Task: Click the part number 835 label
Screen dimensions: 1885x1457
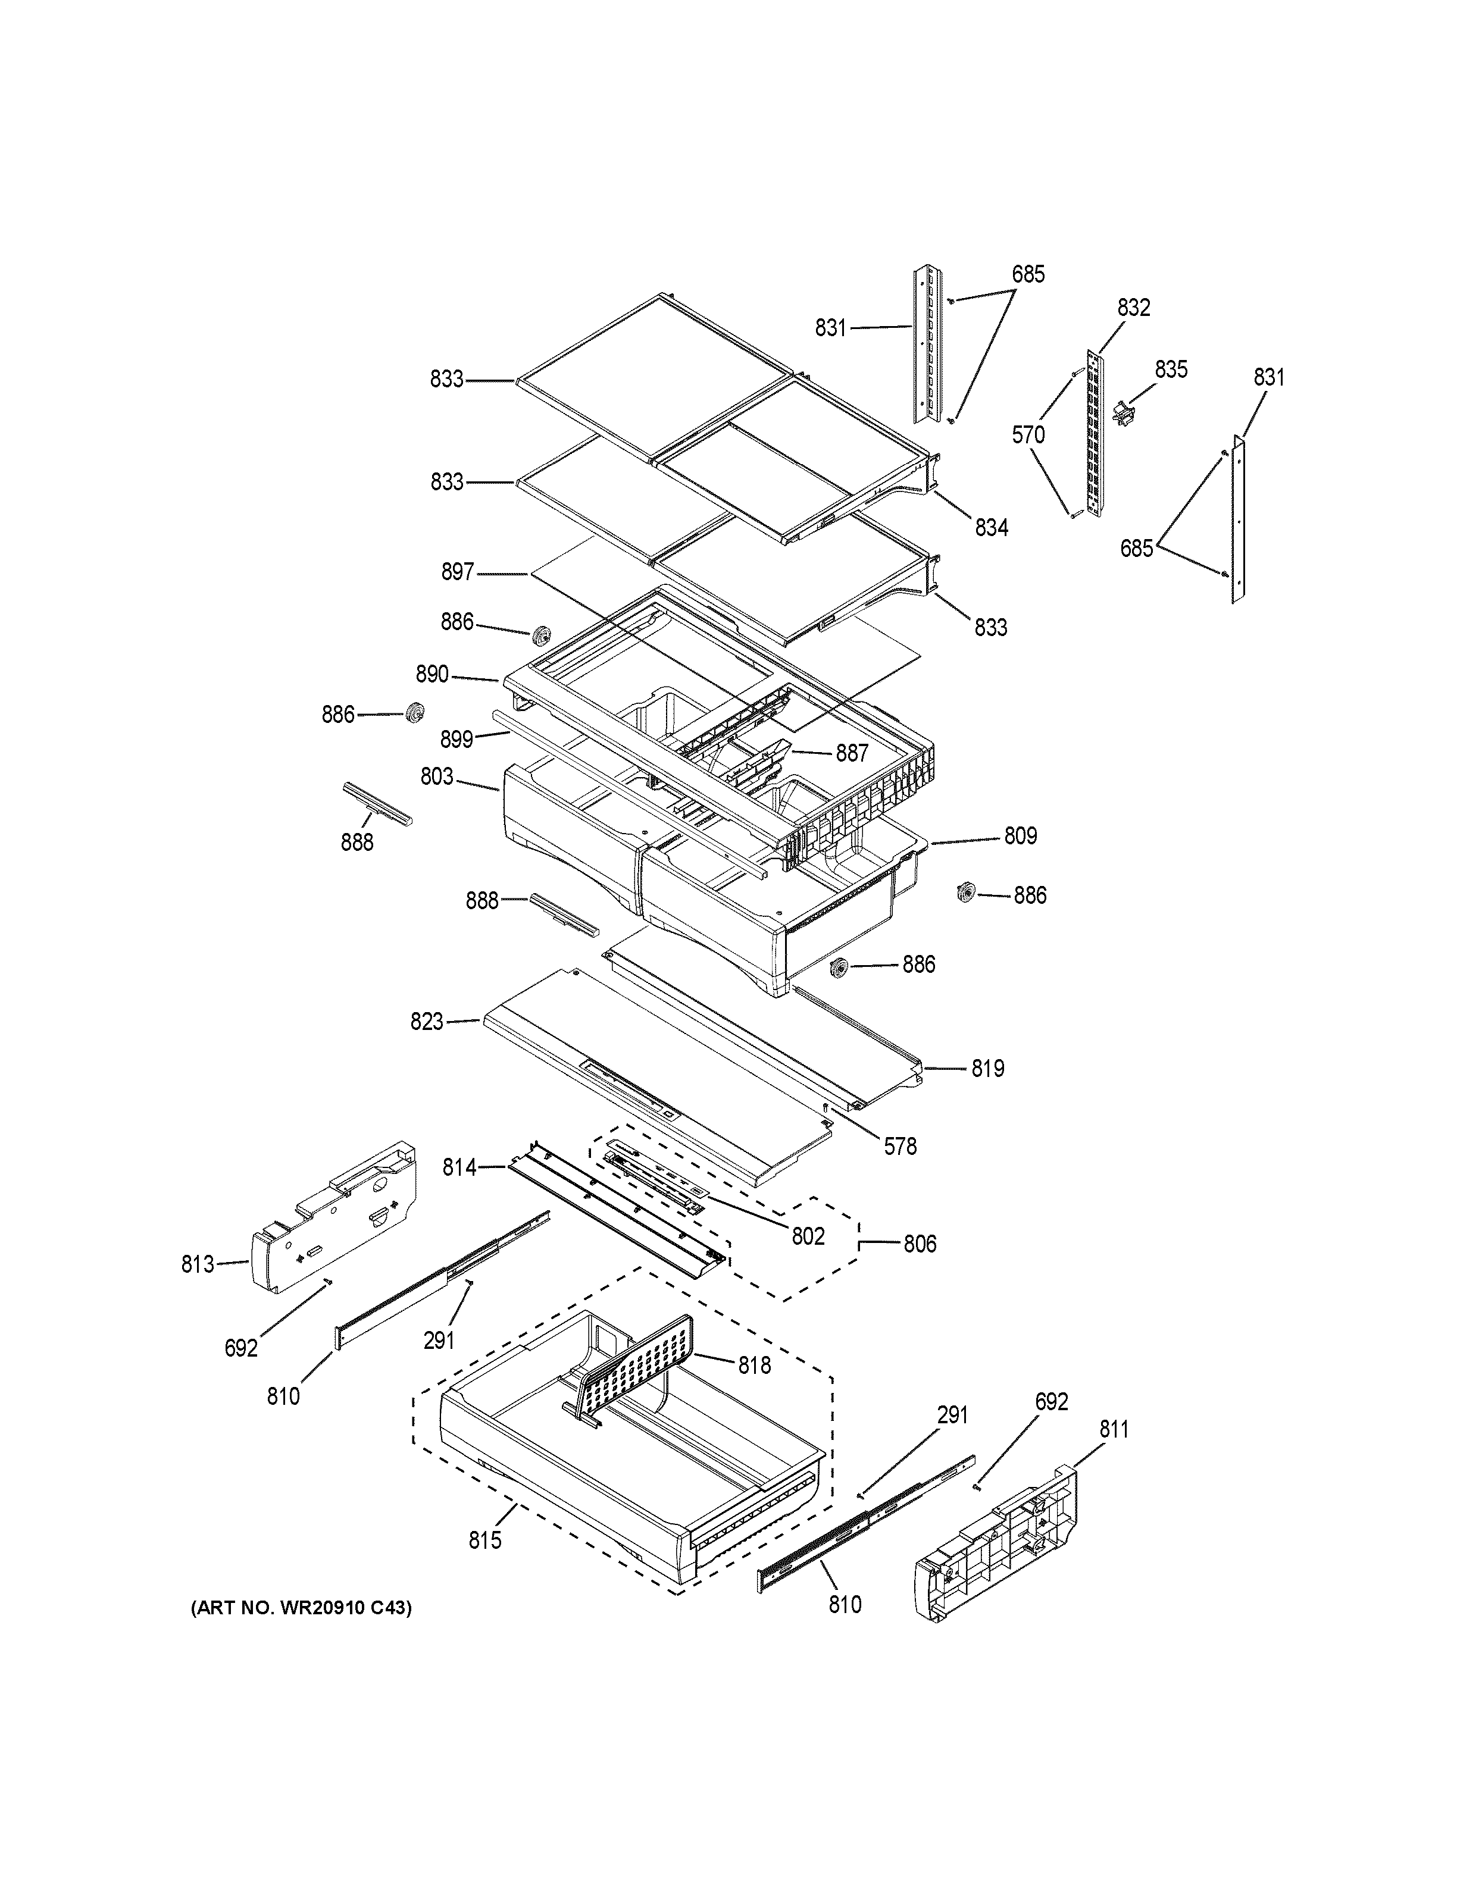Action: (1171, 370)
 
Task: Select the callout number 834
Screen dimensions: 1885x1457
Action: (992, 527)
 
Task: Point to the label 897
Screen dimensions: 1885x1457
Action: (458, 571)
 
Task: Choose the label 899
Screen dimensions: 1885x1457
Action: (456, 739)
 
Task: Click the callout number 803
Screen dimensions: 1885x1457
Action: (437, 776)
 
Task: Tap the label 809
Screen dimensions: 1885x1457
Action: (1020, 835)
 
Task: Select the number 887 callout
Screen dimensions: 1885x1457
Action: (851, 753)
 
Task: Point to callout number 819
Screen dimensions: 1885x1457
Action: (987, 1069)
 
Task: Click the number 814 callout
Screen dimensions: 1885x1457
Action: (459, 1168)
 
